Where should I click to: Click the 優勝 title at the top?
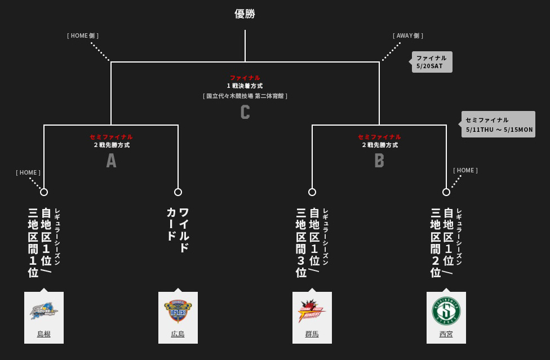point(245,14)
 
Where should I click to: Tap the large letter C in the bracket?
point(245,112)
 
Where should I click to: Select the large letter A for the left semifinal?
point(111,161)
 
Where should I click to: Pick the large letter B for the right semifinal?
point(379,161)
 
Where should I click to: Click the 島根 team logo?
point(44,310)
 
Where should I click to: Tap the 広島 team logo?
point(178,310)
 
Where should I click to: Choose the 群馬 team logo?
point(312,310)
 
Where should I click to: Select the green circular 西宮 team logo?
point(446,310)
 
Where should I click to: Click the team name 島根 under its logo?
point(44,334)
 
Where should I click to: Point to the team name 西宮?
point(446,334)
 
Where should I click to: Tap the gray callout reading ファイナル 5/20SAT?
point(432,62)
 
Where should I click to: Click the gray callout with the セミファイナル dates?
point(499,125)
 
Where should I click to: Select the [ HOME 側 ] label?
point(83,35)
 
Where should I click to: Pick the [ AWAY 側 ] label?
point(408,35)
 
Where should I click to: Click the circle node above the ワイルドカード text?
point(178,192)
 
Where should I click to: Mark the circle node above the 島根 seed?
point(44,192)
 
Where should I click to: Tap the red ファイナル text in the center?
point(245,78)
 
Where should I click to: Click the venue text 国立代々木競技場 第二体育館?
point(245,96)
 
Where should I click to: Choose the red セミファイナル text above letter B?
point(379,137)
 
